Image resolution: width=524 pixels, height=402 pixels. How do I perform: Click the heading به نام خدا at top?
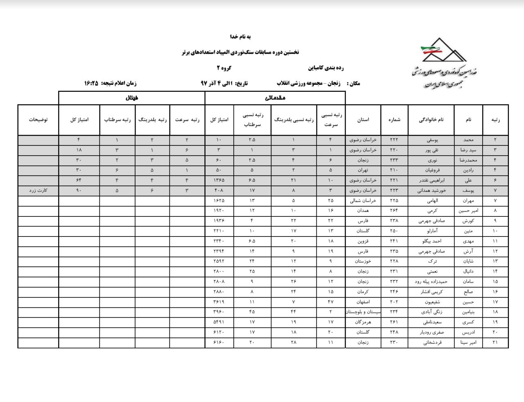click(x=240, y=36)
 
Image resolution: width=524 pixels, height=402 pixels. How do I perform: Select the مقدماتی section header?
click(x=275, y=98)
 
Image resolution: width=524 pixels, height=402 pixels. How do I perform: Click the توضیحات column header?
click(x=38, y=120)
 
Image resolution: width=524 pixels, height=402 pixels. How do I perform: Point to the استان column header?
click(x=363, y=120)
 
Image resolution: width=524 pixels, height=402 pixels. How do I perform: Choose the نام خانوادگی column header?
click(x=431, y=120)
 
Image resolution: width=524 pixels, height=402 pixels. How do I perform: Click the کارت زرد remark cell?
click(x=38, y=191)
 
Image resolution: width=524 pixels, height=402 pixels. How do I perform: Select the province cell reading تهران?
click(x=363, y=170)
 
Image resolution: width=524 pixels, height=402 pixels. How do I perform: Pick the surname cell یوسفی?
click(x=431, y=140)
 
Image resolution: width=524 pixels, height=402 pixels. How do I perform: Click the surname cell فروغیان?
click(x=431, y=170)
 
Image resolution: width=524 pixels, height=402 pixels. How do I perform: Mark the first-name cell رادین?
click(x=469, y=170)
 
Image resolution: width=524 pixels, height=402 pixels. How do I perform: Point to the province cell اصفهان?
click(x=363, y=302)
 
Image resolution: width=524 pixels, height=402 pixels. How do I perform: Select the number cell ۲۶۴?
click(x=394, y=211)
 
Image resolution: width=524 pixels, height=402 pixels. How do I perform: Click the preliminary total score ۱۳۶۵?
click(x=219, y=180)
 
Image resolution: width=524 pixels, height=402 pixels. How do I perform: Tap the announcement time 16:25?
click(x=91, y=83)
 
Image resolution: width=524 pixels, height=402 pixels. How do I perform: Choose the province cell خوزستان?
click(x=363, y=261)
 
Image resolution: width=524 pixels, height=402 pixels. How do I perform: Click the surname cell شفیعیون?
click(x=431, y=302)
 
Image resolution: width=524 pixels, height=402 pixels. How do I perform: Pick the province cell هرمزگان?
click(x=363, y=322)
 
